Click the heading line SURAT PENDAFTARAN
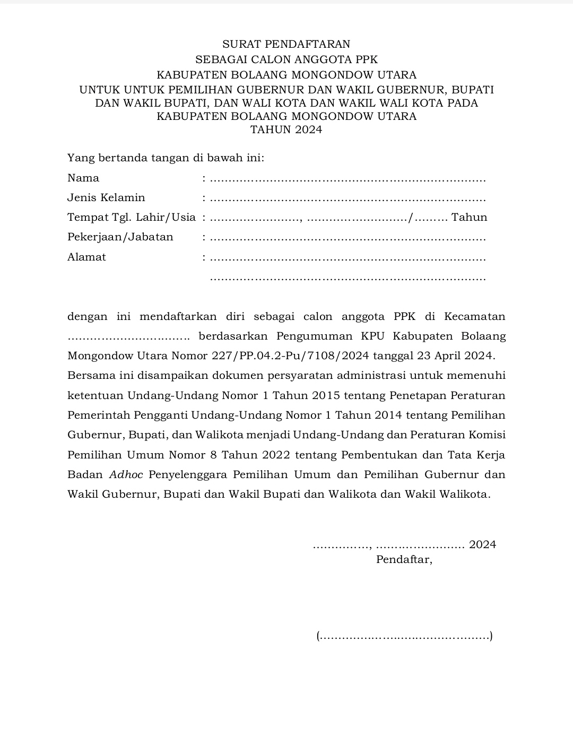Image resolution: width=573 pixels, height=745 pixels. click(286, 44)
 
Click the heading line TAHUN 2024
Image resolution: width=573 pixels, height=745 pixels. click(286, 130)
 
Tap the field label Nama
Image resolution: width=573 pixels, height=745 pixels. click(83, 178)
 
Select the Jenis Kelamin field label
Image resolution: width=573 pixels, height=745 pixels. click(106, 198)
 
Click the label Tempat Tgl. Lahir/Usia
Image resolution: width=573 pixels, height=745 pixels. click(132, 218)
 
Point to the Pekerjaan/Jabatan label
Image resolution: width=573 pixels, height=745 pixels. click(120, 237)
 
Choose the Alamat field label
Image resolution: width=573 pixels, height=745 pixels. click(86, 257)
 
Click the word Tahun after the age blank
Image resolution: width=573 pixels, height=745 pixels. click(469, 218)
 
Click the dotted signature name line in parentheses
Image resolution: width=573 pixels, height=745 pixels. click(404, 636)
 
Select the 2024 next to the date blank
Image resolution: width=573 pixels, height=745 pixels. click(482, 544)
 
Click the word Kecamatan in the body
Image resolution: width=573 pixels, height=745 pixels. click(474, 317)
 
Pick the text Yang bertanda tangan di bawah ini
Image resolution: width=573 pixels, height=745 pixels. click(166, 158)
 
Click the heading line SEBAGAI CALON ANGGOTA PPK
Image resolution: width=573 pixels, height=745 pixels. click(286, 59)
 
